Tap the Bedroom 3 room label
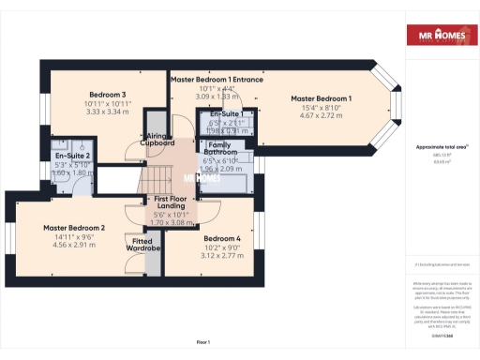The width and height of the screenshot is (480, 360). pos(108,95)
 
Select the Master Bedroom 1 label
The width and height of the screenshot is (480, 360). pos(321,98)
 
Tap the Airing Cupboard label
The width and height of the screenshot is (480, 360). pos(157,139)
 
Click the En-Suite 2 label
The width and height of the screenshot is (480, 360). pos(72,156)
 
